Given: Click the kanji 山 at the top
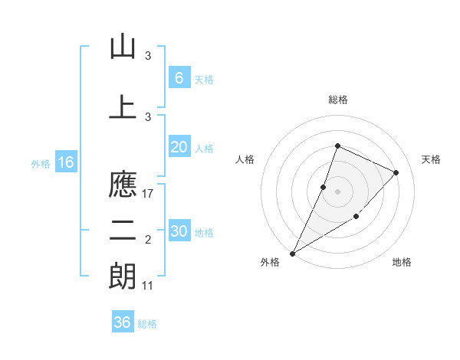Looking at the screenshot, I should [x=123, y=47].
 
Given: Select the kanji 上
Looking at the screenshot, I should [x=123, y=106].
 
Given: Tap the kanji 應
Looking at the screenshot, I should [x=123, y=185].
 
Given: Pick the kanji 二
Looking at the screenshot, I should [x=123, y=231].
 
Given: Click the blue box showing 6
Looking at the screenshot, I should [x=179, y=78].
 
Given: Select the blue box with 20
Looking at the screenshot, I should [x=179, y=148].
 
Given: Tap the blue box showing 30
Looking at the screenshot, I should [x=179, y=231].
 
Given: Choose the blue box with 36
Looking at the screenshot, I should [x=123, y=322].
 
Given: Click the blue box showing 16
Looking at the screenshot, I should [x=66, y=162].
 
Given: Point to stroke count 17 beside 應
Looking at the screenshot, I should [x=149, y=194].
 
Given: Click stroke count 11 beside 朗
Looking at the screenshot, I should [x=149, y=286].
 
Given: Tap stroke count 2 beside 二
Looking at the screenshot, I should [x=149, y=241].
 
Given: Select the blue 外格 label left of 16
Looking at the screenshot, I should [x=41, y=163].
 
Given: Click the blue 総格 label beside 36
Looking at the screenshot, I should [x=147, y=324].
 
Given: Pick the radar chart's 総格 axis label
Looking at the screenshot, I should [x=337, y=100].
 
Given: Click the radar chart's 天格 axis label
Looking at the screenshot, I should [x=431, y=159].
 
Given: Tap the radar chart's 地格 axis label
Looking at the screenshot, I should [x=402, y=263].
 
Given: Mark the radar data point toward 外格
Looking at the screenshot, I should [x=292, y=253].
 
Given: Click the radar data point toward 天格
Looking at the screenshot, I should [x=396, y=172].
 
